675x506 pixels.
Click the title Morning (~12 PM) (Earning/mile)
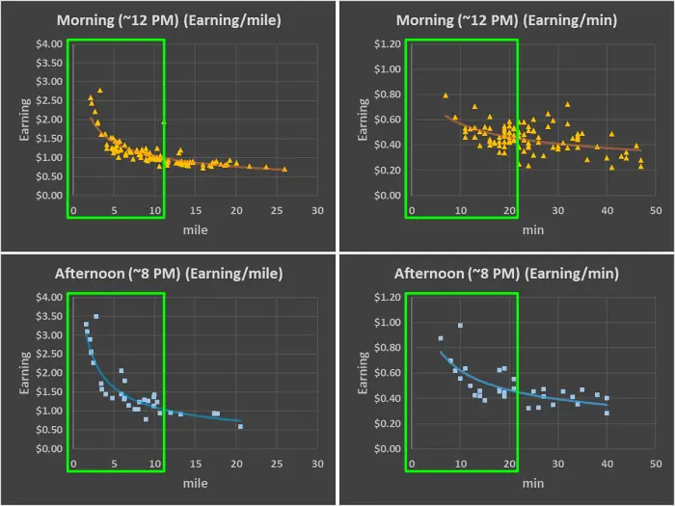(x=169, y=19)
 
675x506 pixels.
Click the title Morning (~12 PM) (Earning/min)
(x=506, y=19)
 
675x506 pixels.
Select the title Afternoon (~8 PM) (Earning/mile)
(x=169, y=273)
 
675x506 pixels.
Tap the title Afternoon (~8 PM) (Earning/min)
(x=506, y=273)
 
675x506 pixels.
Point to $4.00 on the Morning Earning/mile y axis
(x=48, y=44)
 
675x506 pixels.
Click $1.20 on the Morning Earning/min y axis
(x=387, y=44)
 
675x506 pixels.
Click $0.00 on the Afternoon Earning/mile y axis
(x=48, y=448)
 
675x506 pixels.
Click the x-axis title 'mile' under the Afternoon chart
(x=196, y=483)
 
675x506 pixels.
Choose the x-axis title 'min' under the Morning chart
(x=533, y=230)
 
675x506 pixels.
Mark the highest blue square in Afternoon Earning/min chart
(x=460, y=326)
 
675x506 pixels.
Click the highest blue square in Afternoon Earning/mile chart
(x=95, y=316)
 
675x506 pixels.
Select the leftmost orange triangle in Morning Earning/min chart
(x=445, y=95)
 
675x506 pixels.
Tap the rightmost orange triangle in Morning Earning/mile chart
(x=284, y=170)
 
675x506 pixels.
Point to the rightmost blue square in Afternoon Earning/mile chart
(x=240, y=426)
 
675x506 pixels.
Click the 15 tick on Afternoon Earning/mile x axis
(x=196, y=464)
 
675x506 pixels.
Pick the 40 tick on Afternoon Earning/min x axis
(x=607, y=464)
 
